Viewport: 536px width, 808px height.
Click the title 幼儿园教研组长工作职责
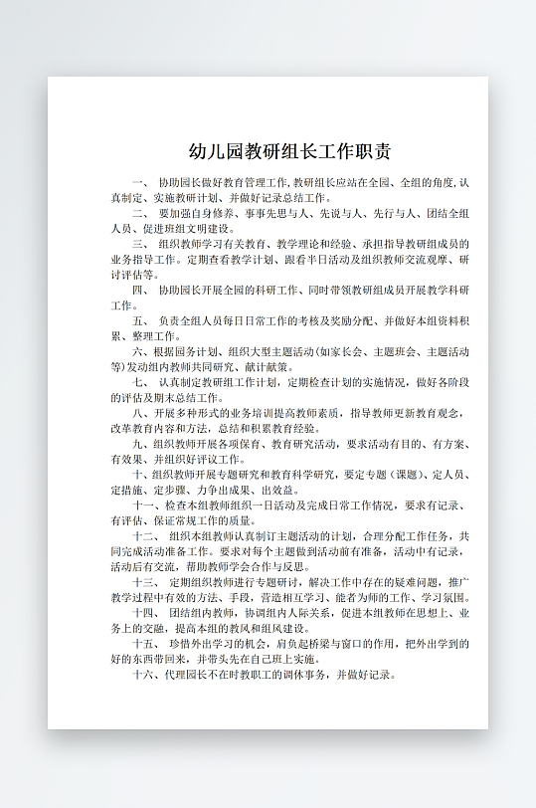pos(288,152)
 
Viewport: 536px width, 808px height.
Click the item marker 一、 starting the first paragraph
pos(139,184)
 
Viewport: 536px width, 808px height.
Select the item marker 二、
pos(139,213)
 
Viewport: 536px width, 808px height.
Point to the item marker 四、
pos(139,290)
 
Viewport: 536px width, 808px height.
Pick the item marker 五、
pos(139,321)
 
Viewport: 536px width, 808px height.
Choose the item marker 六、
pos(139,351)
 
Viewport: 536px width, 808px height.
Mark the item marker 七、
pos(139,382)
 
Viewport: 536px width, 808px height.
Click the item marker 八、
pos(139,413)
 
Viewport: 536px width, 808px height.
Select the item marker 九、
pos(139,444)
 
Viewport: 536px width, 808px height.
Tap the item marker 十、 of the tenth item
pos(139,475)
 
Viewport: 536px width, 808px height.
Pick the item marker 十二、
pos(145,535)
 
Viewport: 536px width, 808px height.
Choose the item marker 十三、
pos(145,582)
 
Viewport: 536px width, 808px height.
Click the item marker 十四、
pos(145,613)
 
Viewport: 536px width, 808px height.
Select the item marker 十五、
pos(145,644)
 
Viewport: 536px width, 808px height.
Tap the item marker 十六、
pos(145,674)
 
